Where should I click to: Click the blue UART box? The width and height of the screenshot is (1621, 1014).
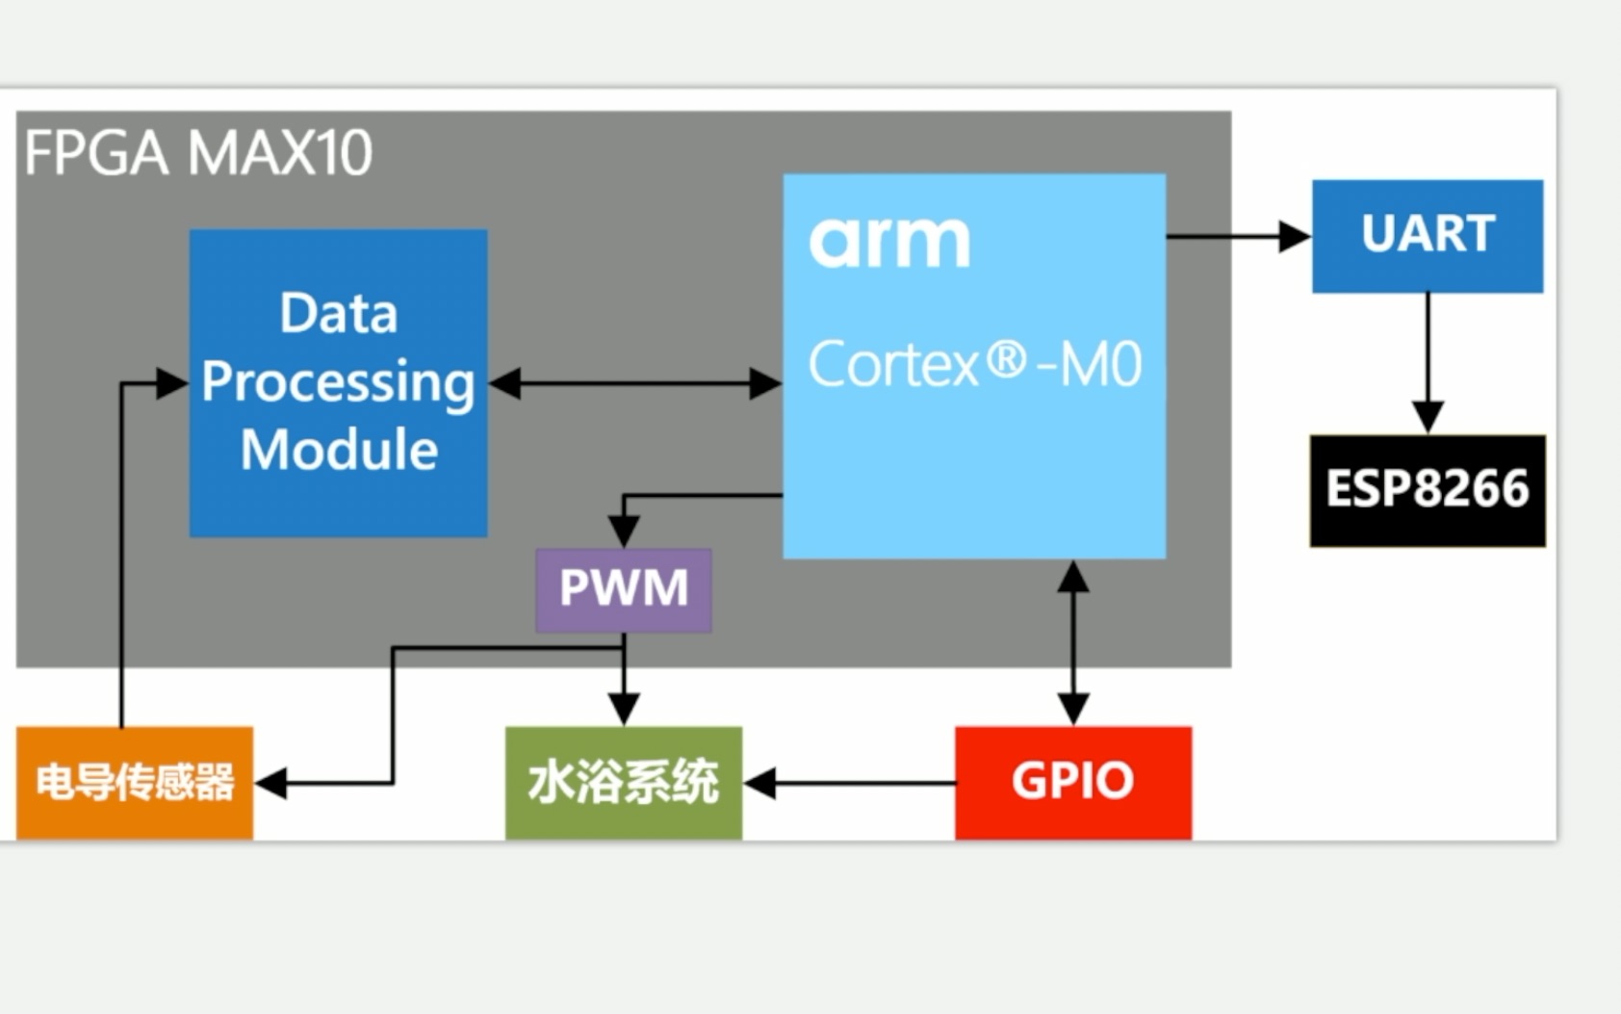(x=1427, y=236)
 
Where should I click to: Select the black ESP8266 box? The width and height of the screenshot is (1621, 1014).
(x=1427, y=490)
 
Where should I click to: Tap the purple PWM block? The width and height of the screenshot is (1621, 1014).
(x=623, y=589)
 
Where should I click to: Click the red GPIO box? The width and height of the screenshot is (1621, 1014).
(x=1072, y=782)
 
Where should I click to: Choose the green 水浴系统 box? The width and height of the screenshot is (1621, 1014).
(x=623, y=782)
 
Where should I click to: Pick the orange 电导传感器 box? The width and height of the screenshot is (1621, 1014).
(x=134, y=782)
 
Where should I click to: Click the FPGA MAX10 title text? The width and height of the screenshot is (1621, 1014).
(x=198, y=153)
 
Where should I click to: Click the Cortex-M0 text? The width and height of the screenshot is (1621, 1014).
(x=974, y=365)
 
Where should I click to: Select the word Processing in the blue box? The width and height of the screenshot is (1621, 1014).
(x=338, y=382)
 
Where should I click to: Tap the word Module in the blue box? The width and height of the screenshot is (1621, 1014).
(x=339, y=450)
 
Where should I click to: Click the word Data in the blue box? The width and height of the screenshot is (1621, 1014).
(x=338, y=314)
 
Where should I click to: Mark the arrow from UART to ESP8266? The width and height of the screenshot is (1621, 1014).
(x=1427, y=361)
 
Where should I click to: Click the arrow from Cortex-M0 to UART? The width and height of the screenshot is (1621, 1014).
(x=1237, y=236)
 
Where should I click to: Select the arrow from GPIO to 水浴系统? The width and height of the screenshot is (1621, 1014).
(x=847, y=783)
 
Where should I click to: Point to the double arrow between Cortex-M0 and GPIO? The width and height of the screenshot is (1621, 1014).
(x=1072, y=643)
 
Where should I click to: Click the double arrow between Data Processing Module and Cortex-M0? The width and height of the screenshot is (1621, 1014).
(x=635, y=383)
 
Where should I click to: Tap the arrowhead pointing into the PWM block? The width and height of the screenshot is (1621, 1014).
(x=624, y=531)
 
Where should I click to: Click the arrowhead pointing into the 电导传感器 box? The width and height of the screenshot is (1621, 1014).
(x=271, y=783)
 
